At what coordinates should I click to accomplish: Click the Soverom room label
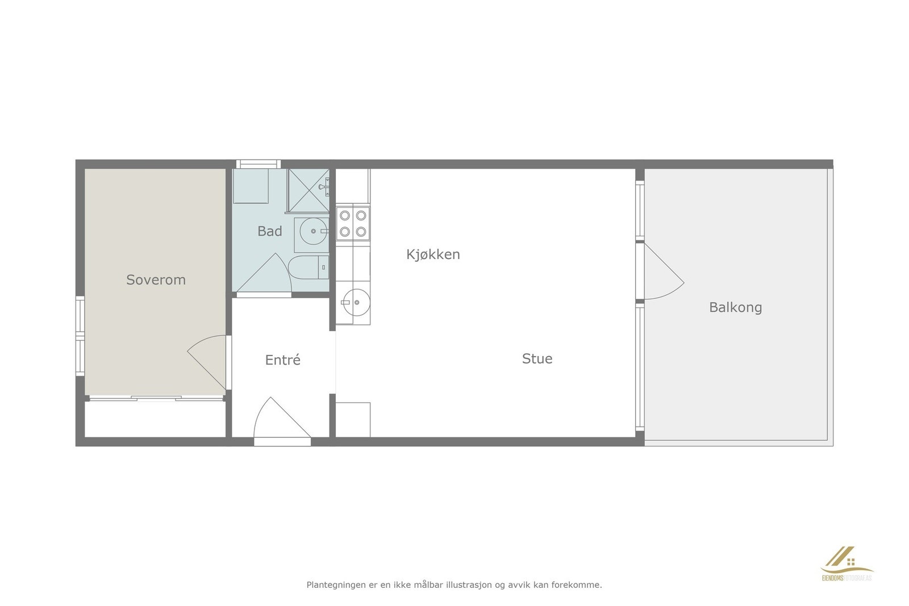coord(156,279)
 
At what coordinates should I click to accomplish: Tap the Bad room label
coord(269,231)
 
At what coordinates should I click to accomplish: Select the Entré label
coord(282,360)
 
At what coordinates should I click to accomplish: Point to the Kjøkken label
coord(433,254)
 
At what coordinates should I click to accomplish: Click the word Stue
coord(537,358)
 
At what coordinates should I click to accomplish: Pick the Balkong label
coord(735,307)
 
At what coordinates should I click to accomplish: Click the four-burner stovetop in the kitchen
coord(353,223)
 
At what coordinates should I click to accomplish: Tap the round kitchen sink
coord(353,302)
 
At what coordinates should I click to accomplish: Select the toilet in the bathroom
coord(307,268)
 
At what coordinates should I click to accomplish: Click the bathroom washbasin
coord(312,231)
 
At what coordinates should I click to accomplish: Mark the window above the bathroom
coord(258,164)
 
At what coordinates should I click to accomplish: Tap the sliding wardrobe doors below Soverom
coord(156,399)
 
